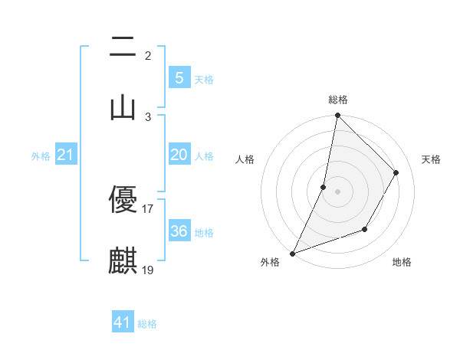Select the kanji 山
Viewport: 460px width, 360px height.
[123, 107]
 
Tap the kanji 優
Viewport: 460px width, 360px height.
[123, 201]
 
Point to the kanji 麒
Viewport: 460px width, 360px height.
[123, 260]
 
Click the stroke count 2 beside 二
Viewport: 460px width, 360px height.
[148, 56]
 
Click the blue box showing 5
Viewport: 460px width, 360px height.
[179, 78]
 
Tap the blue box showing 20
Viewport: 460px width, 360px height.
[179, 155]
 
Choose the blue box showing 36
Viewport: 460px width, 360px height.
[179, 231]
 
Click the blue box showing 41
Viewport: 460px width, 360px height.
[123, 322]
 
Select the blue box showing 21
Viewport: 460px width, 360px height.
[66, 155]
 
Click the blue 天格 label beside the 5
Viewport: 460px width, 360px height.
[204, 80]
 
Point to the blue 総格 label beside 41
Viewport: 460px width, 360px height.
[147, 324]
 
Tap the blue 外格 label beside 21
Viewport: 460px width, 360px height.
[41, 156]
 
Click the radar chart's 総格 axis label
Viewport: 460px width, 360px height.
[338, 100]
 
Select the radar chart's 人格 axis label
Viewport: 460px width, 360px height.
[245, 159]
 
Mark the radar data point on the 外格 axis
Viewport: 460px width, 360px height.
[292, 253]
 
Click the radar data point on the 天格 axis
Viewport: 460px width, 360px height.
[396, 173]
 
